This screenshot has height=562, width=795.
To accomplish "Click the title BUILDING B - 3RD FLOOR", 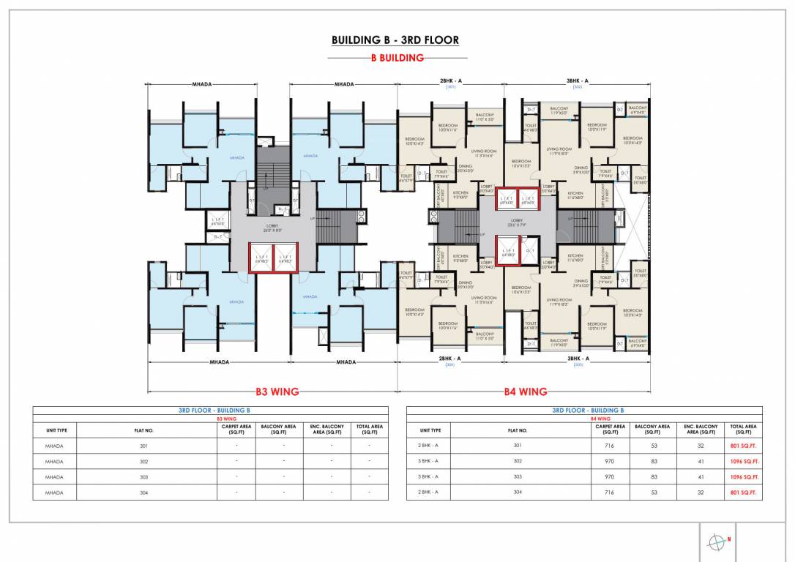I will tap(395, 40).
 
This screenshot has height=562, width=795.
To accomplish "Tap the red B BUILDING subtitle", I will tap(397, 58).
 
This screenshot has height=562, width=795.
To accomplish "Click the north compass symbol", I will tap(716, 542).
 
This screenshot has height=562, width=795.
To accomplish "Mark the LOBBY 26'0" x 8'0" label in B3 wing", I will tap(272, 226).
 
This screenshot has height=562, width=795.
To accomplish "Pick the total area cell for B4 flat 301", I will tap(744, 445).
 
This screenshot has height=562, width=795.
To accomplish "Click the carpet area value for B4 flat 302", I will tap(610, 461).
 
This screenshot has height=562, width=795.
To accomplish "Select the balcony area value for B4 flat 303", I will tap(652, 476).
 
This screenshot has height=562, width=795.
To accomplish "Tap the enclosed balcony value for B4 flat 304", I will tap(701, 492).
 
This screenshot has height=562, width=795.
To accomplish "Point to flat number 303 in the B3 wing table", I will tap(144, 477).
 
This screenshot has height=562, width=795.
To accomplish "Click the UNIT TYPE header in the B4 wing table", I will tap(430, 430).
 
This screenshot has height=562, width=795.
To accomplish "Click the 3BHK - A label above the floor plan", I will tap(577, 80).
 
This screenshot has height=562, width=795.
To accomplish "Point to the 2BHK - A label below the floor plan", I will tap(449, 359).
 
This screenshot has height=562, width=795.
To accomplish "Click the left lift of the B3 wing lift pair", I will tap(261, 258).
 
